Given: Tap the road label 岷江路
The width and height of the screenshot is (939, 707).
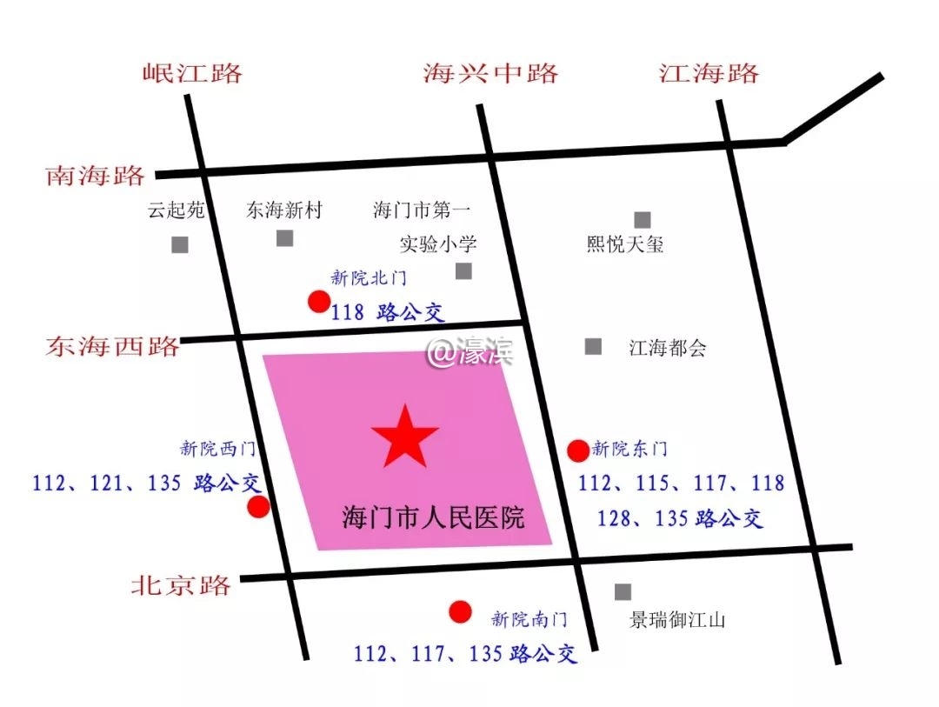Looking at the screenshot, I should pos(192,72).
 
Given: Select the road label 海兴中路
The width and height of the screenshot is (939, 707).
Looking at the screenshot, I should pos(490,72).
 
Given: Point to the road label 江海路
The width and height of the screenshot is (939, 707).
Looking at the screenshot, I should pos(709,72).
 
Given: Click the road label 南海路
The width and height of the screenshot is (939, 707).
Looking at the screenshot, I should pos(95,177).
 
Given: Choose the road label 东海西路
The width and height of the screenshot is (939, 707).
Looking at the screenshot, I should pos(113,346).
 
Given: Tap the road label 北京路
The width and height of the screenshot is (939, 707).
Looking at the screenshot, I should pos(182,584).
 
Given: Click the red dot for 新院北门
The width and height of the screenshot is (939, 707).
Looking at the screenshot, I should pos(319,302).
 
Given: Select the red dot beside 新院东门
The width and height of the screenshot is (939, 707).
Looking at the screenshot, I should pos(578,450).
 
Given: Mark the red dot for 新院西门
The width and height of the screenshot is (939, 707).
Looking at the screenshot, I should pos(258,507).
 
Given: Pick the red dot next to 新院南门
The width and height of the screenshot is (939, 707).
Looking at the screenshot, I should pos(461,612).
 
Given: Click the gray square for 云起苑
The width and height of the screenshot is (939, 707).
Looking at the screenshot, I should pos(180,244).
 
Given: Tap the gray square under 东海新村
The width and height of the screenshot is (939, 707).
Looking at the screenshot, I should pos(285,238).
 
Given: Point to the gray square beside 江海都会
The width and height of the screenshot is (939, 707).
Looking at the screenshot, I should pos(593,346).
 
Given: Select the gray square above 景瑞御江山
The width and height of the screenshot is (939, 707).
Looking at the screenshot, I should pos(623,592).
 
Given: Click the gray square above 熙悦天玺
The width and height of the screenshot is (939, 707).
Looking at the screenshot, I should pos(643,220).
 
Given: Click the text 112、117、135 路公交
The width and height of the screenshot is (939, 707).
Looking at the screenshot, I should pos(465,652).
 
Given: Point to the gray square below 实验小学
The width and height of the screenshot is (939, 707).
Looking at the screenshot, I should pos(464,271).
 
